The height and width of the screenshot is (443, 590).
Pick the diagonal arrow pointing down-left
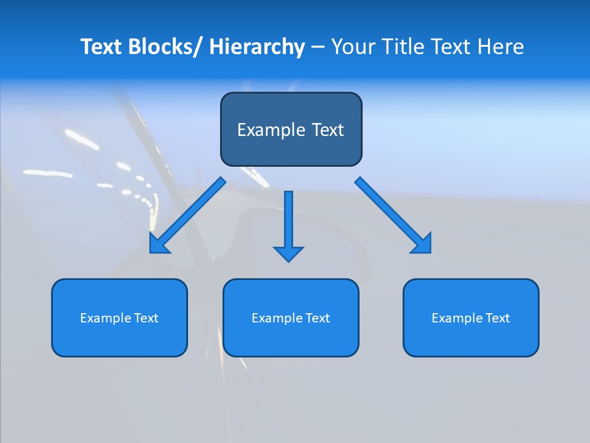point(187,215)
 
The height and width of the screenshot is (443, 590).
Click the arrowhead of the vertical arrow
point(288,253)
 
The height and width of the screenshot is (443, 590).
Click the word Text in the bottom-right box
point(498,318)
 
